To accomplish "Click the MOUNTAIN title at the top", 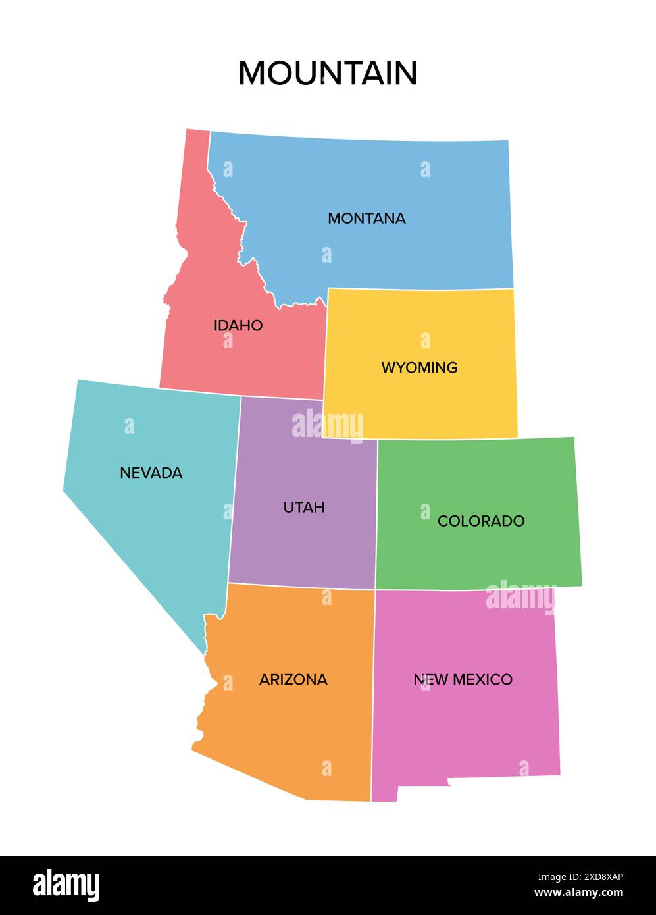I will click(x=328, y=73).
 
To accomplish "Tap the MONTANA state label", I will click(x=366, y=218).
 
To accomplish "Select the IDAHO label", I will click(x=238, y=325).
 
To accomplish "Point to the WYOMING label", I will click(x=419, y=367).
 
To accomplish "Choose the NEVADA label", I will click(x=151, y=473).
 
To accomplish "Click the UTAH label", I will click(x=304, y=508).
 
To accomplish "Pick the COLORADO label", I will click(x=481, y=521).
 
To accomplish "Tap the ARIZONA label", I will click(x=293, y=679).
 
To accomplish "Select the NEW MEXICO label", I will click(x=463, y=679).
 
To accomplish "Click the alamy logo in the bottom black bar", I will click(x=66, y=885).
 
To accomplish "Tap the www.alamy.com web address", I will click(x=578, y=893).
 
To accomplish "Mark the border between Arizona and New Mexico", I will click(x=373, y=698).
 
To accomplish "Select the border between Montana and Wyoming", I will click(x=421, y=289).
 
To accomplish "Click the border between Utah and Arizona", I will click(x=303, y=586).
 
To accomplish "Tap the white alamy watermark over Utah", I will click(x=327, y=425).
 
